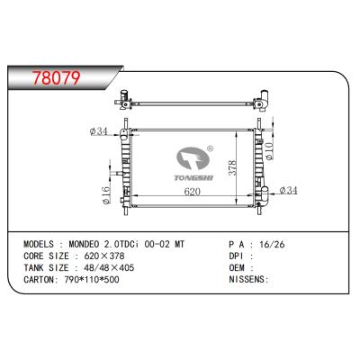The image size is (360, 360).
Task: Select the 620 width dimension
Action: click(x=190, y=193)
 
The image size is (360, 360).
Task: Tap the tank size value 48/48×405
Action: click(x=107, y=267)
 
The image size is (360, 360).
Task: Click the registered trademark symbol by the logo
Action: click(x=210, y=149)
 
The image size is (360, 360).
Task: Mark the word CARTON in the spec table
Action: click(x=37, y=280)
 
